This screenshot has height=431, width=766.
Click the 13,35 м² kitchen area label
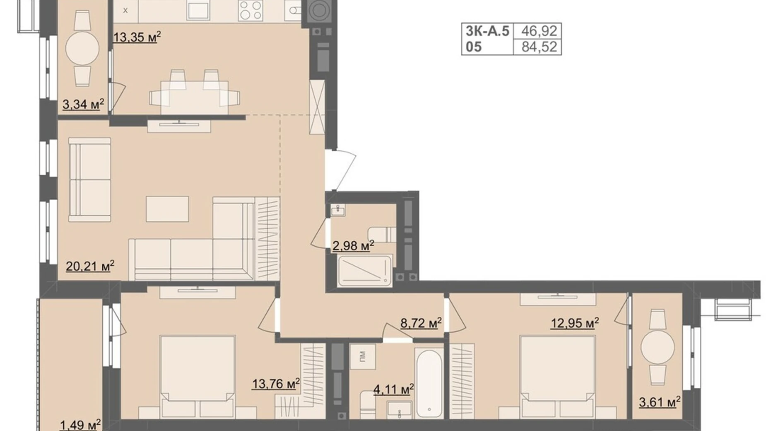click(x=137, y=37)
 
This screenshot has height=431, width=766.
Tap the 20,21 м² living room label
click(x=90, y=266)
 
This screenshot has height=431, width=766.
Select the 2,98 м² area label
click(x=353, y=246)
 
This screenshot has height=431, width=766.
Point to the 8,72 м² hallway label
click(x=420, y=323)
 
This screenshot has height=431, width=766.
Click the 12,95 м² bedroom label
click(x=574, y=323)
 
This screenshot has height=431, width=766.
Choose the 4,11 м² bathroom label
click(x=393, y=390)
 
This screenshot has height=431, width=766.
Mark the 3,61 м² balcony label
click(x=659, y=402)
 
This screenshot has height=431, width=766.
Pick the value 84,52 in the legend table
click(x=539, y=46)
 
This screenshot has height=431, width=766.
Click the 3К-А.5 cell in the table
click(x=487, y=31)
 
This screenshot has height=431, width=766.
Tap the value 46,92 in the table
click(x=539, y=31)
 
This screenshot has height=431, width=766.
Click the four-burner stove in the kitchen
click(x=251, y=10)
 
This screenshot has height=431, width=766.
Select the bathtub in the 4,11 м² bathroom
click(x=429, y=383)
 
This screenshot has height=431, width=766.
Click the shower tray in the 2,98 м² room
click(x=364, y=271)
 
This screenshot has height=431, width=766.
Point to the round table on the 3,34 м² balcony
click(x=82, y=48)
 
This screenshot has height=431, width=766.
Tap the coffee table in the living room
click(x=167, y=209)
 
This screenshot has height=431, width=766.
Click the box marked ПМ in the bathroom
click(x=362, y=356)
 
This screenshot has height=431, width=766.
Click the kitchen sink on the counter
click(x=198, y=10)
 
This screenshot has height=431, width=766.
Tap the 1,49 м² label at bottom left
click(x=80, y=425)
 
